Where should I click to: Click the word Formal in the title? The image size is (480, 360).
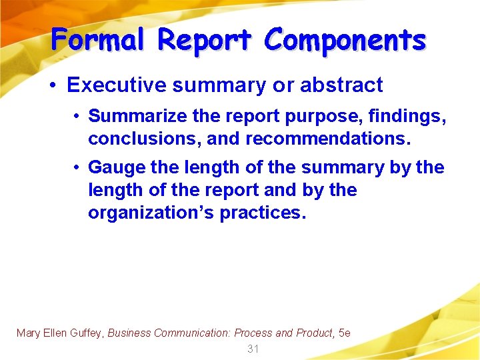click(x=97, y=40)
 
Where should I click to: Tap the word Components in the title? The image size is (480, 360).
click(x=345, y=40)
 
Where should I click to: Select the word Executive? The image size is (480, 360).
click(x=113, y=85)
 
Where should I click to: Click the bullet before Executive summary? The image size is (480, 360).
click(x=54, y=86)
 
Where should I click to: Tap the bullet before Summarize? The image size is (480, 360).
click(x=78, y=117)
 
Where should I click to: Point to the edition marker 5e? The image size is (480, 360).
click(x=345, y=333)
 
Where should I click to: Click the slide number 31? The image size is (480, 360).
click(x=253, y=349)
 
